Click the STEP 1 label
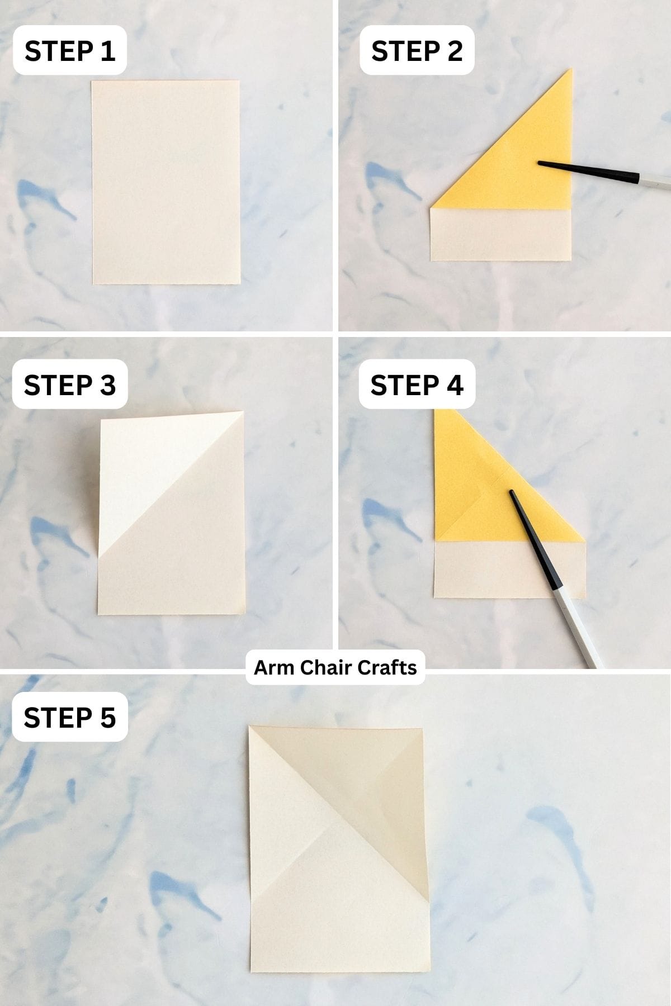70,51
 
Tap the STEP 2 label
417,51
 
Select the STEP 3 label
70,385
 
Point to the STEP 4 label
417,385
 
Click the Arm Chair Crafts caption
335,667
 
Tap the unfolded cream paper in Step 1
166,182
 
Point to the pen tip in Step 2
540,163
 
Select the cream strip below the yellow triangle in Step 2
500,235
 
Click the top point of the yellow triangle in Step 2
570,70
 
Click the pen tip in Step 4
511,492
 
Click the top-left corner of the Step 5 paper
250,727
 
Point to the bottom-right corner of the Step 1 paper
240,283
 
